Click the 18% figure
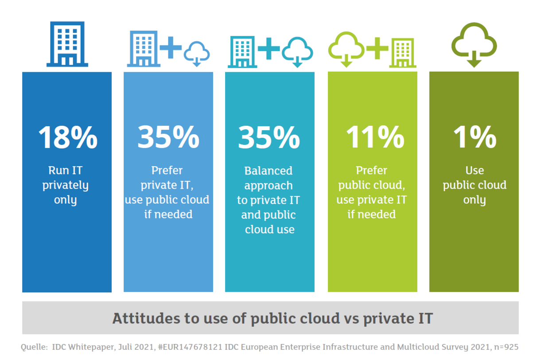(x=68, y=137)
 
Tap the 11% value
(x=375, y=137)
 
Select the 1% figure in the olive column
(x=475, y=137)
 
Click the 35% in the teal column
(x=269, y=137)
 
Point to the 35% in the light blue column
(x=168, y=137)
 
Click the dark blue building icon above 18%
(x=67, y=44)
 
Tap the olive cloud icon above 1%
(x=474, y=45)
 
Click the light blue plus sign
(x=171, y=47)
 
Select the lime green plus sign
(x=377, y=48)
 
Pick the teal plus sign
(x=269, y=49)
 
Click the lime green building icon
(x=403, y=53)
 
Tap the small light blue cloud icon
(x=197, y=54)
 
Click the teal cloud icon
(x=297, y=52)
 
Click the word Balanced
(x=269, y=171)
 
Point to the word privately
(x=66, y=186)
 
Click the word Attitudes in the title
(x=146, y=318)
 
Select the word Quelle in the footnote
(x=34, y=347)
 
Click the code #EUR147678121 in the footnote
(x=190, y=347)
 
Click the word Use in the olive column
(x=475, y=170)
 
